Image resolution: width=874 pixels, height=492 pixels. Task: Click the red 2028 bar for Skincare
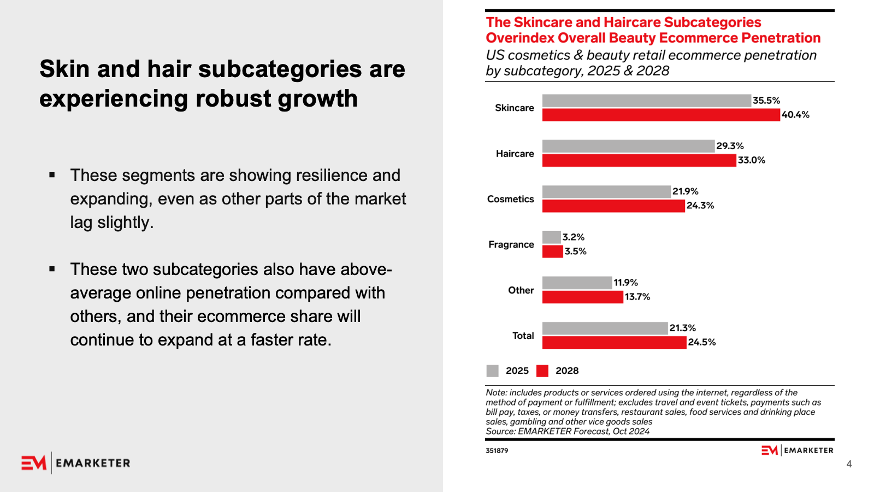tap(661, 115)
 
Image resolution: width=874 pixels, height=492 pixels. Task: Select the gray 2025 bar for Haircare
tap(628, 146)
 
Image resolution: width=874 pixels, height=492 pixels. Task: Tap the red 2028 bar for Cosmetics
tap(613, 206)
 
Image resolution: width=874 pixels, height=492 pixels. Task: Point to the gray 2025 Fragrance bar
tap(552, 237)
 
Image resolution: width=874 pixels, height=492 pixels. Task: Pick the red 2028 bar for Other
tap(583, 297)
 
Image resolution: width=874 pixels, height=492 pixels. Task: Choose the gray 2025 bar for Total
tap(605, 328)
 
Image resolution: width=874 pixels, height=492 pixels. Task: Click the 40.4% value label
tap(795, 115)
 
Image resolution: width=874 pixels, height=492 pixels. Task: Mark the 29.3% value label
tap(730, 146)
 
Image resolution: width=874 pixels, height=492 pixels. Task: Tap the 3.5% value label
tap(576, 251)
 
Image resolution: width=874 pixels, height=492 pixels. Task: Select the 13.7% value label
tap(637, 297)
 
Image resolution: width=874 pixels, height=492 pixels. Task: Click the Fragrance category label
tap(511, 244)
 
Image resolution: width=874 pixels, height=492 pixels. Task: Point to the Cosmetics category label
tap(511, 199)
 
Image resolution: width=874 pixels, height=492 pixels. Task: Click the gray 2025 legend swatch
tap(493, 371)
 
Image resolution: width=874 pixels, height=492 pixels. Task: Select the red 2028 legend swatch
tap(542, 371)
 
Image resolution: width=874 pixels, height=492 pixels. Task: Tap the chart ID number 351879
tap(497, 450)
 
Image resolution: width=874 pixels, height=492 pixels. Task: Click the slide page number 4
tap(849, 464)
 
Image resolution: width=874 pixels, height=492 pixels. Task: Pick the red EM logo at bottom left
tap(34, 463)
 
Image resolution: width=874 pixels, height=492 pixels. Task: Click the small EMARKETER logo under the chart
tap(798, 450)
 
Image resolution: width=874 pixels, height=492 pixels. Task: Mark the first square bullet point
tap(52, 175)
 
